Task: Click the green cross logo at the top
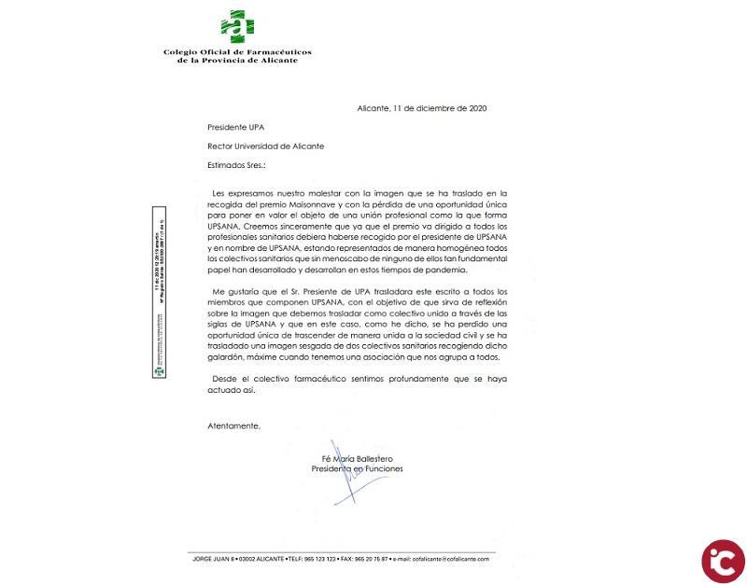pyautogui.click(x=236, y=27)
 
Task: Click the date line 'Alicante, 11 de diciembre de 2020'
pyautogui.click(x=421, y=108)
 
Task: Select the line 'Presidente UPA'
pyautogui.click(x=238, y=127)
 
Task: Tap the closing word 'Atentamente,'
pyautogui.click(x=233, y=425)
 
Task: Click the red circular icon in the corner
pyautogui.click(x=723, y=561)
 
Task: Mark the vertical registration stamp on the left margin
pyautogui.click(x=160, y=293)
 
